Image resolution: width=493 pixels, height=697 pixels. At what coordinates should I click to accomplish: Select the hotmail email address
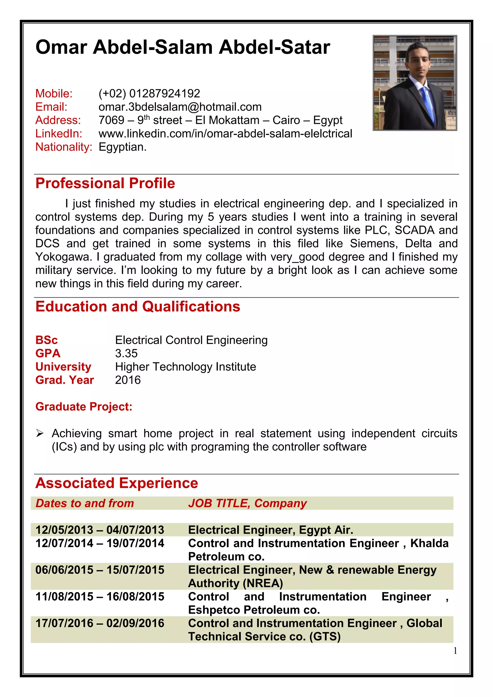[180, 107]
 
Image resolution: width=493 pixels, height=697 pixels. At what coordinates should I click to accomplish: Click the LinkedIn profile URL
[225, 134]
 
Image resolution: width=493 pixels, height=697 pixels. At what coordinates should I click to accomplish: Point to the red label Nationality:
[64, 147]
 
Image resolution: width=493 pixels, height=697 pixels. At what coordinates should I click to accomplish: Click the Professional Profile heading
[105, 183]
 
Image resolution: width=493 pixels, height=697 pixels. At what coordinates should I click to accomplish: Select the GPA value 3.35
[126, 353]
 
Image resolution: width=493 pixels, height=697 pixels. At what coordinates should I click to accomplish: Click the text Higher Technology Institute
[185, 367]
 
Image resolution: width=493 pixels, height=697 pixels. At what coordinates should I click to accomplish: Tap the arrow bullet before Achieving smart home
[40, 434]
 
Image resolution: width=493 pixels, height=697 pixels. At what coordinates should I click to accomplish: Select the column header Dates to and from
[84, 503]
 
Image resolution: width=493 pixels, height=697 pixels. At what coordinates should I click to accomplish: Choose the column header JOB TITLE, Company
[247, 503]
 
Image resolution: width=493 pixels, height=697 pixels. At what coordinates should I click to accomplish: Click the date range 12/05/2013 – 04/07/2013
[100, 530]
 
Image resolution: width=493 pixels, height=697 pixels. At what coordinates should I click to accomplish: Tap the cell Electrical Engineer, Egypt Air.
[270, 530]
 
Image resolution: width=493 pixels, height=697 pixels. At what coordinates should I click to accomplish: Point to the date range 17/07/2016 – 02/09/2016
[100, 623]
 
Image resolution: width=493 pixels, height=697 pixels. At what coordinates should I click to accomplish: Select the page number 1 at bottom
[455, 651]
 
